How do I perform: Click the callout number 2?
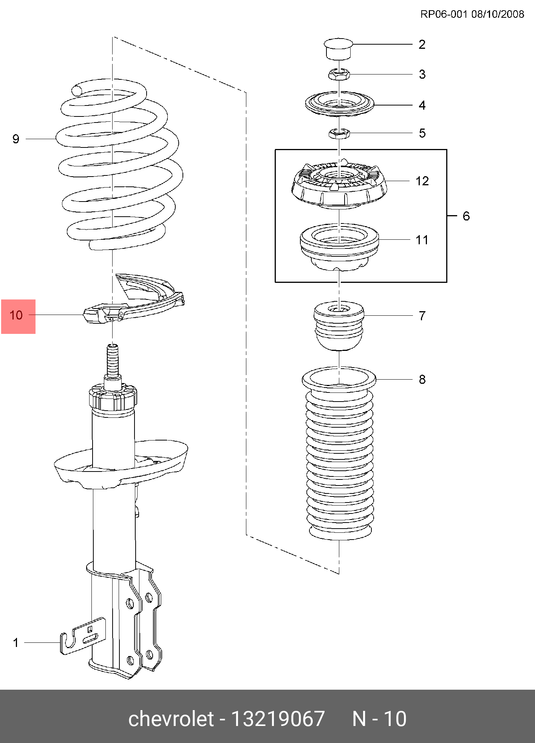(422, 45)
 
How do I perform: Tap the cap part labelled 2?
(339, 48)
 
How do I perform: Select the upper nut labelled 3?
(339, 74)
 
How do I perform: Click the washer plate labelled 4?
(339, 104)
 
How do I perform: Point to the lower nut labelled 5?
(339, 133)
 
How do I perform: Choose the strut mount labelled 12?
(339, 185)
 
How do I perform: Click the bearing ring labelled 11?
(339, 247)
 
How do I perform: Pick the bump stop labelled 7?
(339, 325)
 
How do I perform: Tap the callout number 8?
(422, 379)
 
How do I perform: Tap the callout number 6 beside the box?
(466, 216)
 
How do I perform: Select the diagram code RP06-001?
(444, 14)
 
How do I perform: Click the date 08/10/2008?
(498, 14)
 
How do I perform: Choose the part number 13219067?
(278, 719)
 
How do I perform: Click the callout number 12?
(422, 181)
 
